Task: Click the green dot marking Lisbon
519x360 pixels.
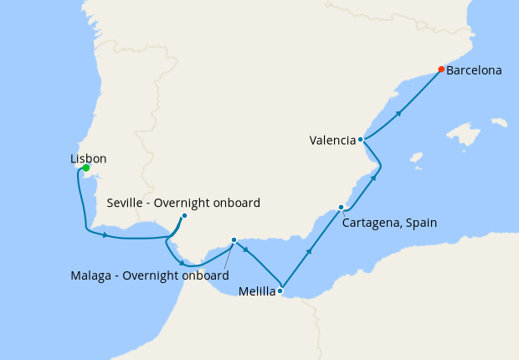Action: tap(86, 168)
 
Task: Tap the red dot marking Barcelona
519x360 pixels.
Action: tap(441, 69)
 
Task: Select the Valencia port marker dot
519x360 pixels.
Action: tap(361, 140)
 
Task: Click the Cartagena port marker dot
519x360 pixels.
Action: tap(341, 207)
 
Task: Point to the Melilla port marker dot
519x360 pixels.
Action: tap(280, 291)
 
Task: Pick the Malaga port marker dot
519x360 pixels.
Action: tap(234, 239)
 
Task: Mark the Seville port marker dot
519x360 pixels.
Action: tap(184, 216)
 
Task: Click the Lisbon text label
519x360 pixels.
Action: tap(89, 157)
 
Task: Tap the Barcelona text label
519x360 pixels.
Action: tap(474, 71)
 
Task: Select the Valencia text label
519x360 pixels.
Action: tap(332, 141)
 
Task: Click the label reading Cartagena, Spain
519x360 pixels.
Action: tap(390, 223)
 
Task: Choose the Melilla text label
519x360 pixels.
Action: tap(256, 292)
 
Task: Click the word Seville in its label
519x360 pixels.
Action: tap(128, 203)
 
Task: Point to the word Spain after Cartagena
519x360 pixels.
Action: tap(421, 223)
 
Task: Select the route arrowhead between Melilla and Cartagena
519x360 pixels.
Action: tap(310, 250)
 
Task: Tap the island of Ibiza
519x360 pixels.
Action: tap(416, 156)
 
